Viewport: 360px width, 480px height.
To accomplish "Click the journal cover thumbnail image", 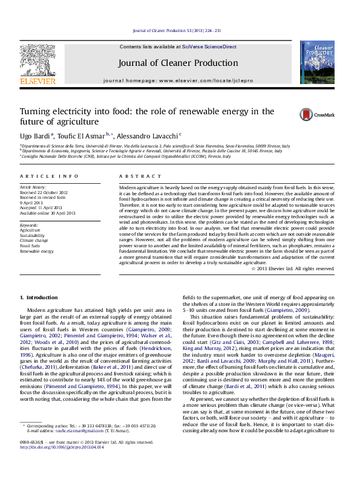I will (x=317, y=63).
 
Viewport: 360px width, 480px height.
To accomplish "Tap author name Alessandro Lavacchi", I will (x=147, y=135).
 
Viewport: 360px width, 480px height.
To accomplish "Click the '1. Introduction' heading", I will (x=39, y=297).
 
